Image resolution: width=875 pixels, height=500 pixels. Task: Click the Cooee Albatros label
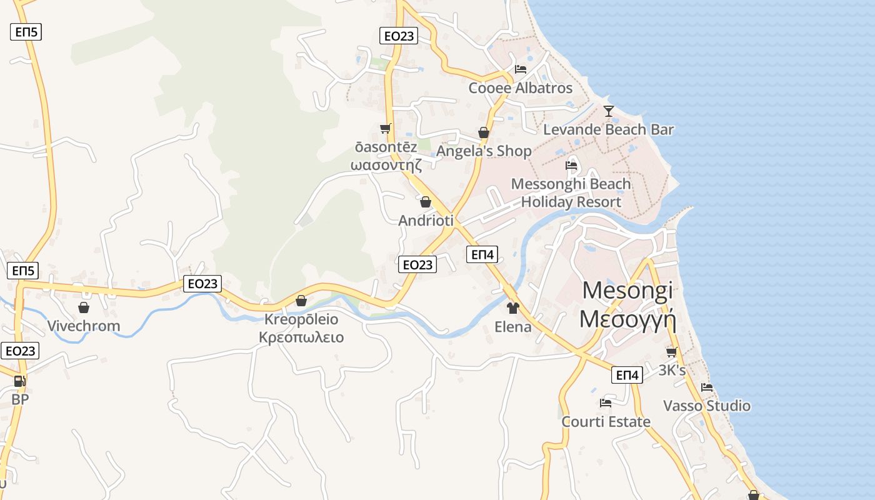(x=521, y=88)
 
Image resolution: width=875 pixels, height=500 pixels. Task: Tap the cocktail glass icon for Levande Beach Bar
(x=609, y=111)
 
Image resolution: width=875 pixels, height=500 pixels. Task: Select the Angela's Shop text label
(x=484, y=151)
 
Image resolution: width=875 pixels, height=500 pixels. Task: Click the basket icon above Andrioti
(x=426, y=202)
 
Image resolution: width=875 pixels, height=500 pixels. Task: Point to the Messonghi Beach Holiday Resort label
(x=571, y=193)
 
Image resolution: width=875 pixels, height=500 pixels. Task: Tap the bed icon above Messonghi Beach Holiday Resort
(x=571, y=166)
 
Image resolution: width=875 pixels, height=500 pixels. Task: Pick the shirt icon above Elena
(x=513, y=307)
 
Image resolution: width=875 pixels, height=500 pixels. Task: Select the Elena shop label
(x=513, y=327)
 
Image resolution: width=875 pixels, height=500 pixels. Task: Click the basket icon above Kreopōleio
(x=301, y=301)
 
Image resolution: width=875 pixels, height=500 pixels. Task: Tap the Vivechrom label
(x=84, y=326)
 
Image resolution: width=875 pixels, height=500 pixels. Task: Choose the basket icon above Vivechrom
(x=84, y=307)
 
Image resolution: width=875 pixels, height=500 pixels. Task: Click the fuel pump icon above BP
(x=20, y=381)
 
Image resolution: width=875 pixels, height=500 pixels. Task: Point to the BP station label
(x=20, y=399)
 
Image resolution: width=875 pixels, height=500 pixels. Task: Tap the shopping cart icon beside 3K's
(x=672, y=352)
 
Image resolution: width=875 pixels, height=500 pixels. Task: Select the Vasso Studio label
(x=707, y=406)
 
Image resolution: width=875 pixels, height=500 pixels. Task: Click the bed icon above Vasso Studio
(x=707, y=387)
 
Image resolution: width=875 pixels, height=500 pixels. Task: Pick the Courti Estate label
(x=606, y=422)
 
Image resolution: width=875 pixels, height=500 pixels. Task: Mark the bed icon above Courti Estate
(x=606, y=403)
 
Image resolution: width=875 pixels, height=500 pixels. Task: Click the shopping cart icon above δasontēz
(x=385, y=128)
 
